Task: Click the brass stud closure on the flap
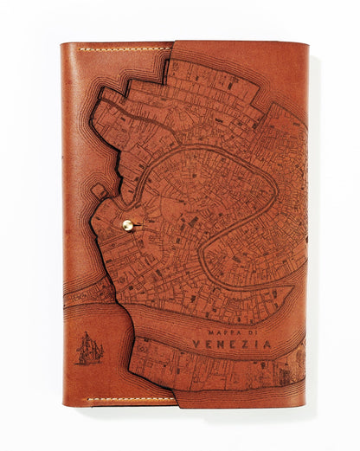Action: (x=127, y=225)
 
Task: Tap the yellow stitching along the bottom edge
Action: (x=130, y=400)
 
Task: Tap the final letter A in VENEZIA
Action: (x=266, y=344)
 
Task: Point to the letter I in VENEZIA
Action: (x=254, y=344)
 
